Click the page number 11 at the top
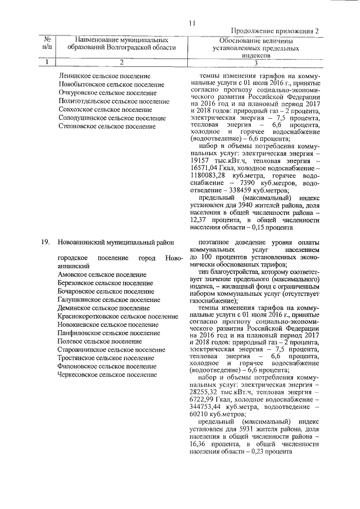click(x=192, y=23)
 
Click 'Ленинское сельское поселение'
click(x=104, y=75)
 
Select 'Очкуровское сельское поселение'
click(x=107, y=92)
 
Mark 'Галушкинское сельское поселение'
click(x=109, y=299)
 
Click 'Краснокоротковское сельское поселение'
click(x=118, y=316)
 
